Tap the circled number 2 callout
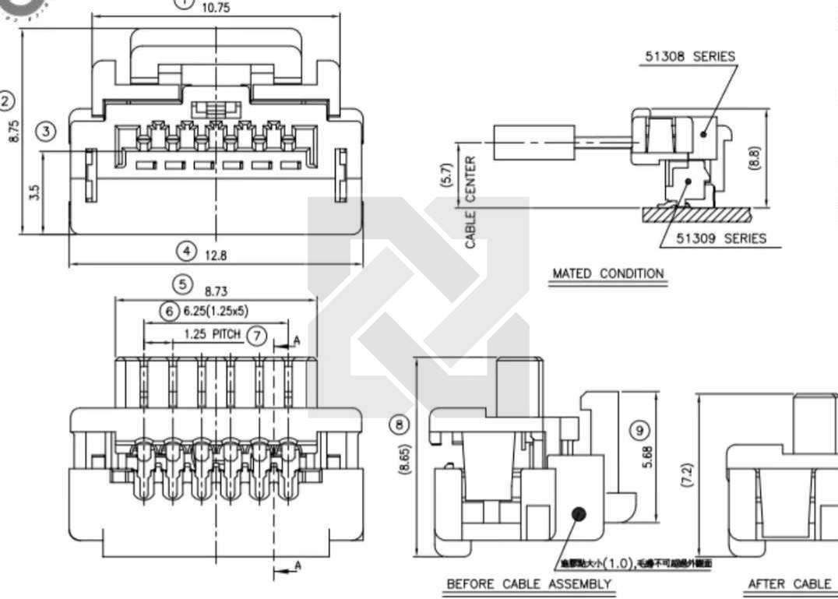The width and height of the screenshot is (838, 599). click(x=7, y=101)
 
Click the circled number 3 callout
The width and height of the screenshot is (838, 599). click(x=48, y=131)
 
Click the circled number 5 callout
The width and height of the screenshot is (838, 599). click(x=182, y=284)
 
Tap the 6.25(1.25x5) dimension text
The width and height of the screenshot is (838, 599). click(x=216, y=312)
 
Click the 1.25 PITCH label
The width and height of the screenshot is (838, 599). click(x=212, y=335)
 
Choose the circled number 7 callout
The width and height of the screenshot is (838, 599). click(x=256, y=336)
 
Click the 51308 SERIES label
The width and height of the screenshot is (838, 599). click(x=690, y=57)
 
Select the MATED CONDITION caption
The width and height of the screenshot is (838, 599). click(x=608, y=273)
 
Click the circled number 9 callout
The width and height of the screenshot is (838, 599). click(x=639, y=430)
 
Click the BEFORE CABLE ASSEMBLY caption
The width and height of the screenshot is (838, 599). click(x=528, y=583)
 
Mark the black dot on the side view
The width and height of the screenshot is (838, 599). click(x=579, y=515)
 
